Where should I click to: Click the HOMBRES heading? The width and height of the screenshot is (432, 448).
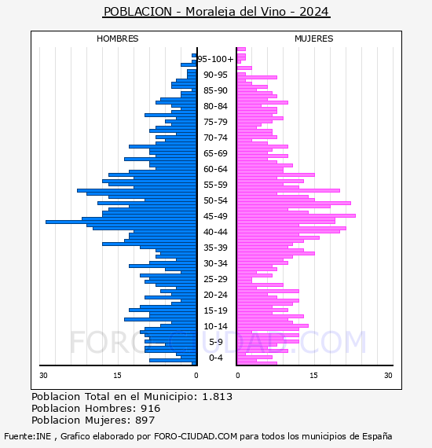[117, 39]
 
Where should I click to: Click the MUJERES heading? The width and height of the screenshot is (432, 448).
[314, 39]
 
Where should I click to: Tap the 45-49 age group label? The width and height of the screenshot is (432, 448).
[215, 216]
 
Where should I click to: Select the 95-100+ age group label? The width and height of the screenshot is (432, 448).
[215, 59]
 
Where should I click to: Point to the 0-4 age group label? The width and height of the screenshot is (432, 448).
[215, 358]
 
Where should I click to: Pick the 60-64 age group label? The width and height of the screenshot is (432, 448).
[215, 169]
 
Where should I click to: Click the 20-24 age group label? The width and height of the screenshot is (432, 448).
[215, 295]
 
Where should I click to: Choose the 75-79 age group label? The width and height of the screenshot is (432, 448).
[215, 122]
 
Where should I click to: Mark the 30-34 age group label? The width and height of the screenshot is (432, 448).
[215, 263]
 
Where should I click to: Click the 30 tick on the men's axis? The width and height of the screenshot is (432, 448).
[43, 376]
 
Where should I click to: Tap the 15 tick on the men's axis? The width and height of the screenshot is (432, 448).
[117, 376]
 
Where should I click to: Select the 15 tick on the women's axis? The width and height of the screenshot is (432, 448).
[314, 376]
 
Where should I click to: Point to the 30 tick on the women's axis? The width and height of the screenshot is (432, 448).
[388, 376]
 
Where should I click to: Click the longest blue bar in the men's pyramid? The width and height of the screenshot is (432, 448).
[121, 222]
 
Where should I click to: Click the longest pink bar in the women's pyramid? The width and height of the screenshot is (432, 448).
[296, 215]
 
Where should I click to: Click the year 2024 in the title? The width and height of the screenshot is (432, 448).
[314, 12]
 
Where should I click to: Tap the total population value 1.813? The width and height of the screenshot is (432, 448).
[218, 397]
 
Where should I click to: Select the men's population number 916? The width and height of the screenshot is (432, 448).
[151, 409]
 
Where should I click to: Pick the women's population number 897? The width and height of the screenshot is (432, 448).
[145, 420]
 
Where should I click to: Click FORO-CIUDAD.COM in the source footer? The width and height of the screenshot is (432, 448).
[196, 436]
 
